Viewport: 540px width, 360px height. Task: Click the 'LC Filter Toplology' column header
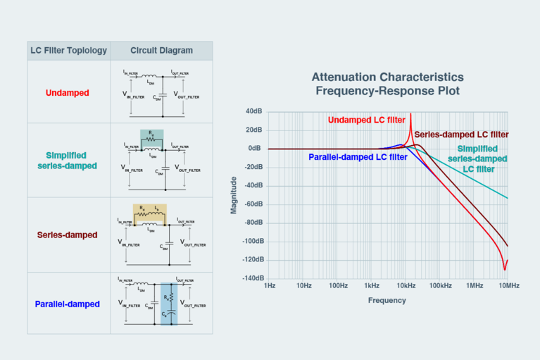pyautogui.click(x=68, y=51)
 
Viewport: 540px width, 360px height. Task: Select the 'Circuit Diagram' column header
pyautogui.click(x=161, y=51)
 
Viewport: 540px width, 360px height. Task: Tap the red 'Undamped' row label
pyautogui.click(x=68, y=92)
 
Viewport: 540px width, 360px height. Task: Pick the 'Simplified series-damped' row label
pyautogui.click(x=68, y=160)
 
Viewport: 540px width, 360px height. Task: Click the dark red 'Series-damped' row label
pyautogui.click(x=68, y=235)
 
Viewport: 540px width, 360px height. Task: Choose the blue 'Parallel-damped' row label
pyautogui.click(x=68, y=304)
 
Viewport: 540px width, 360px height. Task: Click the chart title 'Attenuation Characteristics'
pyautogui.click(x=387, y=77)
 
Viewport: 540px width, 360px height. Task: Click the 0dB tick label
pyautogui.click(x=254, y=149)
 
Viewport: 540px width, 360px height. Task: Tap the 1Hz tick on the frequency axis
pyautogui.click(x=269, y=286)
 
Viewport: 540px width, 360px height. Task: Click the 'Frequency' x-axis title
pyautogui.click(x=387, y=300)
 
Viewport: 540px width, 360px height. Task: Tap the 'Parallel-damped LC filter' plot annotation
pyautogui.click(x=358, y=157)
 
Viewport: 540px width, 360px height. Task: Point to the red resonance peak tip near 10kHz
pyautogui.click(x=410, y=114)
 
